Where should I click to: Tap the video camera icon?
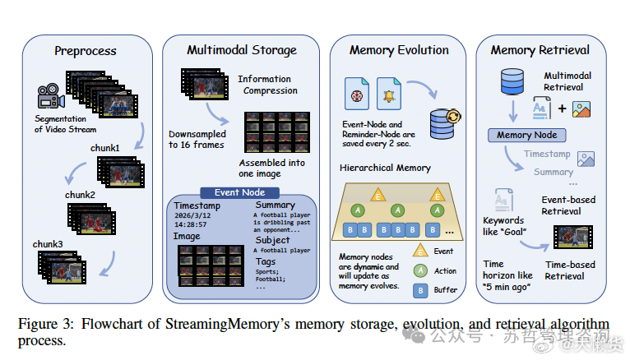[51, 97]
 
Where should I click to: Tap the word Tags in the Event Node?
[266, 261]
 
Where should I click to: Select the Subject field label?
[272, 240]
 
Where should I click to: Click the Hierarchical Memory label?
[385, 167]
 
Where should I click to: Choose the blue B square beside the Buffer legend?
[419, 289]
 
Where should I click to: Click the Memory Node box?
[526, 135]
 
